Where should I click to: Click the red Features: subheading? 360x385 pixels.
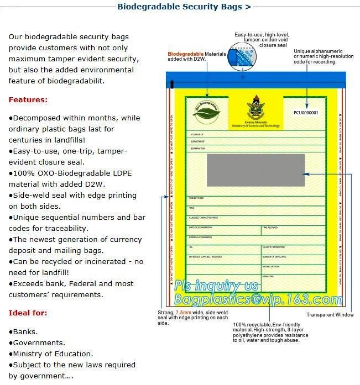tap(28, 100)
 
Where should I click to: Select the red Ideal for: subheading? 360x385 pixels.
tap(27, 313)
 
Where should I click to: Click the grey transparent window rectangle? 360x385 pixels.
tap(255, 171)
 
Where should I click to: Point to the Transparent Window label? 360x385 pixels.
tap(330, 315)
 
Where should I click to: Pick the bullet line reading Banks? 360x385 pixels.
tap(24, 331)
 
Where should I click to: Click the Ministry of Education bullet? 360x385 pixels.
tap(51, 354)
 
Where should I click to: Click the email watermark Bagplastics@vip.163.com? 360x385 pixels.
tap(258, 300)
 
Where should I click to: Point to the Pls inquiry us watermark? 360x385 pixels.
tap(216, 286)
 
